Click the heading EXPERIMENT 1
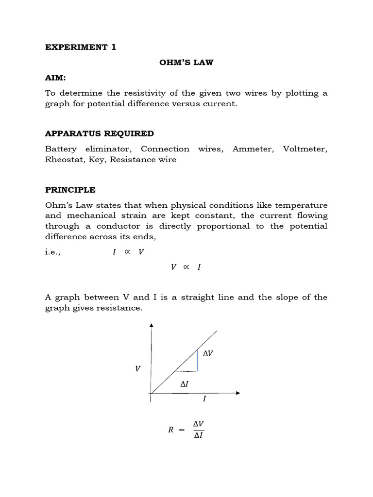click(x=81, y=47)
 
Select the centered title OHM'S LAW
click(x=186, y=63)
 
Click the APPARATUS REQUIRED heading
click(x=99, y=133)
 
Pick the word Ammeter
click(x=250, y=149)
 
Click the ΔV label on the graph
click(x=208, y=354)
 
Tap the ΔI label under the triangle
click(x=184, y=383)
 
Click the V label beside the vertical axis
click(x=138, y=369)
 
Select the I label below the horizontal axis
click(x=204, y=399)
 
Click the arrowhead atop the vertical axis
click(x=152, y=326)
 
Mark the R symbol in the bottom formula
click(x=170, y=430)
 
